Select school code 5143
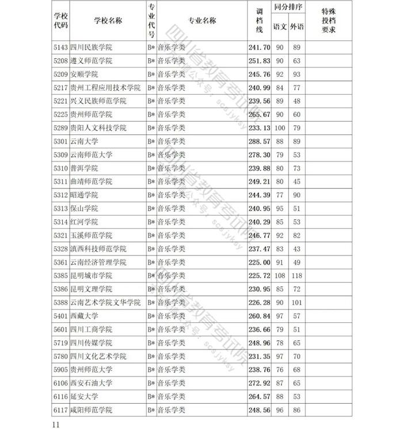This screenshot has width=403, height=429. pos(60,47)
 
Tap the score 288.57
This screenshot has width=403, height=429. pos(258,141)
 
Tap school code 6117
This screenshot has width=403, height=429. pos(60,410)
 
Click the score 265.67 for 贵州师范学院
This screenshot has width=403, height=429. pos(258,115)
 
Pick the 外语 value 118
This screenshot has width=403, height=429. pos(296,276)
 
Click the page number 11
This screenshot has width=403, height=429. pos(56,424)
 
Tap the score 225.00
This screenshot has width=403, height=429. pos(258,262)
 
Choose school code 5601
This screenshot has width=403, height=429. pos(60,329)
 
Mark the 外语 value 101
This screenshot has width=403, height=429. pos(296,303)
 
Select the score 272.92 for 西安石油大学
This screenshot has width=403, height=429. pos(258,383)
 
